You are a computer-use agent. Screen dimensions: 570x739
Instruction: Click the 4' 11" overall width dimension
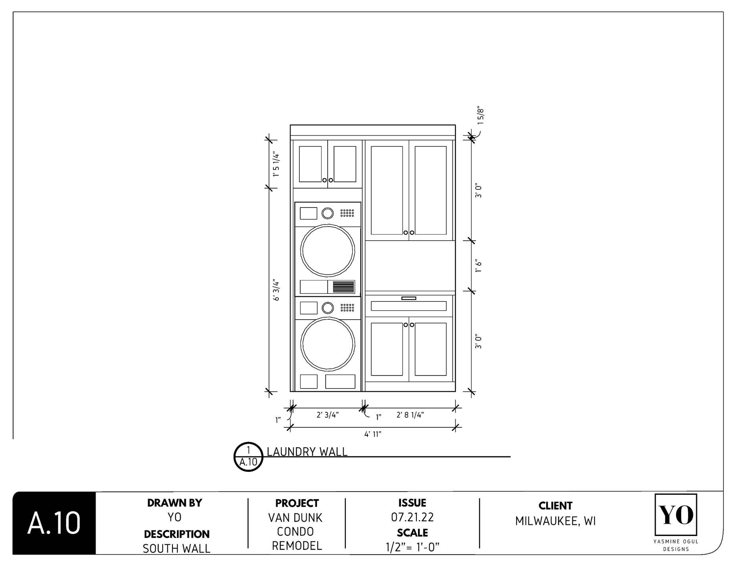372,434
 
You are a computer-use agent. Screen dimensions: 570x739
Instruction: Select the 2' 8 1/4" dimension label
410,415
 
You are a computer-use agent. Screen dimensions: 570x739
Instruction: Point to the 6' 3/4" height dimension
276,291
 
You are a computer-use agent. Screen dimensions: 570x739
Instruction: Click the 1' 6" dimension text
478,266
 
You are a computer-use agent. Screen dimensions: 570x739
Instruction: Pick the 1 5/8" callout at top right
480,115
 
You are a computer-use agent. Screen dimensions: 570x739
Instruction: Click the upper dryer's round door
327,250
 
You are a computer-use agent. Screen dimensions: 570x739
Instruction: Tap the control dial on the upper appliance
328,213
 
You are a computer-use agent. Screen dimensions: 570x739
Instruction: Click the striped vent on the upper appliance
343,287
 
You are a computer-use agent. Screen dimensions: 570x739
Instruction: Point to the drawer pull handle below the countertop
409,298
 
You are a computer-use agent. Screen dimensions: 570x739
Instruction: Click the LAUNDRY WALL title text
307,452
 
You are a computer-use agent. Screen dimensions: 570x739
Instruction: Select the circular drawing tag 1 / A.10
248,457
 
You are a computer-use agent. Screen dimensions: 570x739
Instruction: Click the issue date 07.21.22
412,517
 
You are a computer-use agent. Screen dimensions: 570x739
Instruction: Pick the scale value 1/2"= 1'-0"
412,547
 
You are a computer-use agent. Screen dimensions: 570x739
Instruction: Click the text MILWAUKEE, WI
555,521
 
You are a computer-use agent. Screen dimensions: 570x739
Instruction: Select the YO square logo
676,515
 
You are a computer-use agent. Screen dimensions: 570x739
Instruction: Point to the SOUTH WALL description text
176,548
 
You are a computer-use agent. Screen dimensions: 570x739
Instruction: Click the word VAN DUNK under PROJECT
295,518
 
